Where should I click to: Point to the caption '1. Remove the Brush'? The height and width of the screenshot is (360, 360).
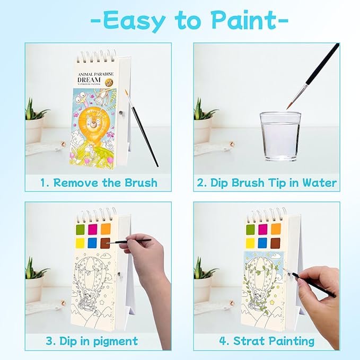(99, 183)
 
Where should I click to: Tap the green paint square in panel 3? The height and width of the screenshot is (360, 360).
(82, 229)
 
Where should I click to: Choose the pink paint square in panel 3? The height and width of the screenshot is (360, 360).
(93, 229)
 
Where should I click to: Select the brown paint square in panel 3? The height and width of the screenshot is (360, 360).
(105, 243)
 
